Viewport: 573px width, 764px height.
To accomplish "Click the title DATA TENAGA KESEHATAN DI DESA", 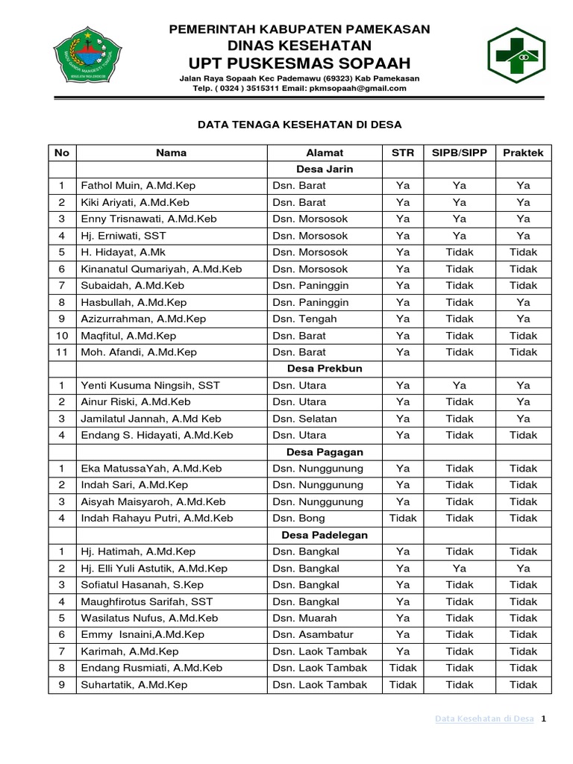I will pyautogui.click(x=299, y=125).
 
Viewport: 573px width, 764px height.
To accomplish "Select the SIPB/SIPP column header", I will pyautogui.click(x=460, y=152).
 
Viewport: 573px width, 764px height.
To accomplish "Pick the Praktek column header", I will pyautogui.click(x=523, y=152).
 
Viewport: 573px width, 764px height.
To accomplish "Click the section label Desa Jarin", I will pyautogui.click(x=325, y=169).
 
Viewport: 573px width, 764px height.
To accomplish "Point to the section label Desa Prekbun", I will pyautogui.click(x=325, y=369).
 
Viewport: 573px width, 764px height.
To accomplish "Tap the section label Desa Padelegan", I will pyautogui.click(x=325, y=535).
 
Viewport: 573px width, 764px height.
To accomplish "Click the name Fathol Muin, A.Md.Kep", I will pyautogui.click(x=138, y=186).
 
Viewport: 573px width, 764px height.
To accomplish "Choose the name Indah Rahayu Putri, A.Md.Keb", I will pyautogui.click(x=157, y=518).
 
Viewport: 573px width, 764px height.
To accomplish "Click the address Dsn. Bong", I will pyautogui.click(x=298, y=518).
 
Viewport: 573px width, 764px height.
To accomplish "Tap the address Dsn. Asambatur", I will pyautogui.click(x=310, y=634).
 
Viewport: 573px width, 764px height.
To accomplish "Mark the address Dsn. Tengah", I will pyautogui.click(x=304, y=319).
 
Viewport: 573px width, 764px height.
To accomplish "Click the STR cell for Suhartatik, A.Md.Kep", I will pyautogui.click(x=403, y=684).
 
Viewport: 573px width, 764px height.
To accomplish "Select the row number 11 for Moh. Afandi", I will pyautogui.click(x=62, y=351).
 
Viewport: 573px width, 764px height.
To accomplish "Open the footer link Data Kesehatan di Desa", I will pyautogui.click(x=484, y=718).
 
